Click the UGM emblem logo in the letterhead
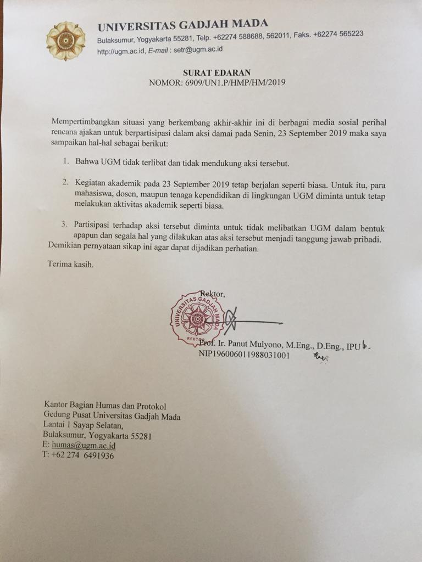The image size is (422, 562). click(66, 41)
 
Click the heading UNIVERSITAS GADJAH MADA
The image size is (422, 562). click(183, 24)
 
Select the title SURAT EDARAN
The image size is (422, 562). click(218, 72)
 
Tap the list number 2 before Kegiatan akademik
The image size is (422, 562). click(65, 182)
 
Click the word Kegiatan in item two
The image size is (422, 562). click(91, 182)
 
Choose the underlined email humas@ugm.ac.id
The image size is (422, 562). click(83, 445)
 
